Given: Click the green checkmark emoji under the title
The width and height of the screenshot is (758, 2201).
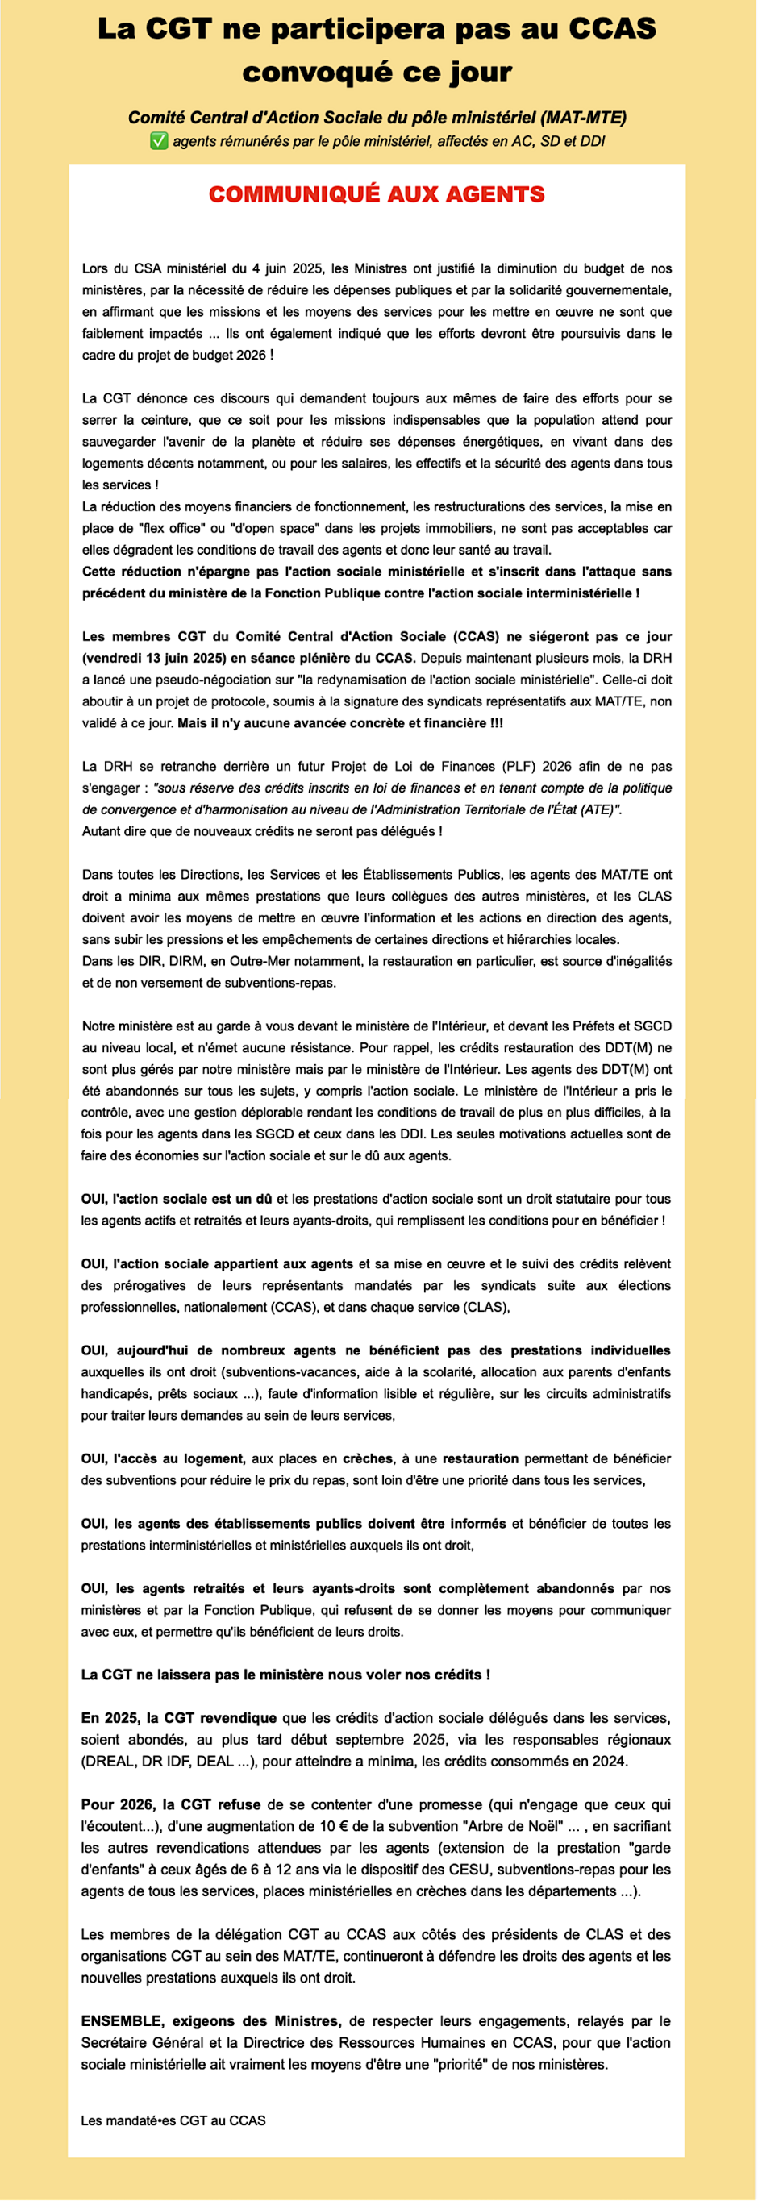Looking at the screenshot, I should tap(159, 141).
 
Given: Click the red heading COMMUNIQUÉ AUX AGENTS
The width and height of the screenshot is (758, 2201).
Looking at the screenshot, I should tap(377, 195).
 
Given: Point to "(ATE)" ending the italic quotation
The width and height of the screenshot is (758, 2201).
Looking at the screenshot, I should tap(600, 809).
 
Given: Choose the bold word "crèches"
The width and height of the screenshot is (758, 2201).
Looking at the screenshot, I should tap(369, 1458).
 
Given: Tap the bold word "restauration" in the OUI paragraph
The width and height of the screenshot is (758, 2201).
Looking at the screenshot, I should tap(481, 1458).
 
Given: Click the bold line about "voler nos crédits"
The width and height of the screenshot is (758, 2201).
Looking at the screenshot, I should tap(285, 1675).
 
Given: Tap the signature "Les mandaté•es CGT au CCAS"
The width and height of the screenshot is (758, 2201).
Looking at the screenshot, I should tap(173, 2120).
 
